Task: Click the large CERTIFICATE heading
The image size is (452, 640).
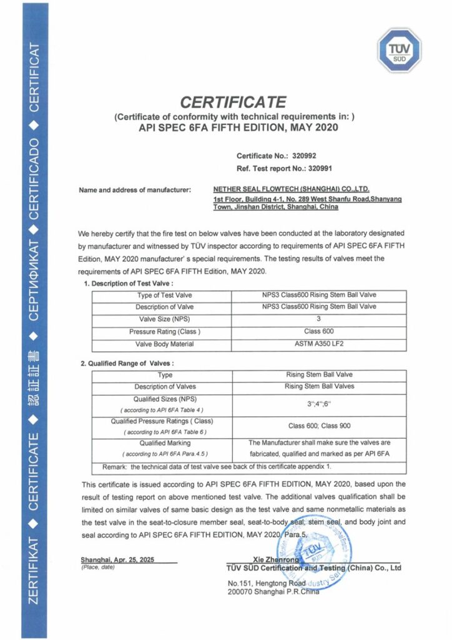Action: click(233, 102)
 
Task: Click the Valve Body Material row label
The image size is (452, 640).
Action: click(164, 344)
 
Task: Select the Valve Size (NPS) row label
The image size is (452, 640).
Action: click(164, 319)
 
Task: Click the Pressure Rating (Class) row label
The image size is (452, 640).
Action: click(164, 331)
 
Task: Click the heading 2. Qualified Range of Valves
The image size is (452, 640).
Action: click(127, 363)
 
